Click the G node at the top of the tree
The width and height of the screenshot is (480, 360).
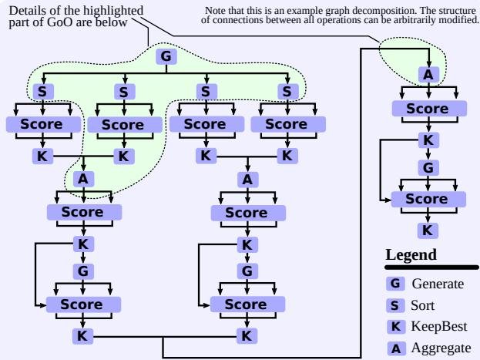click(x=163, y=56)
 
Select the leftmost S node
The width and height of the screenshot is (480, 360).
click(x=42, y=92)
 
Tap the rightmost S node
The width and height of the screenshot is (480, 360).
click(x=287, y=92)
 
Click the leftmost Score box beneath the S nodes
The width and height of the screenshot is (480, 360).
click(x=42, y=124)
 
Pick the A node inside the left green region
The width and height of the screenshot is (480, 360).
click(x=83, y=179)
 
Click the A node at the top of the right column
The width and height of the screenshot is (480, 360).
click(x=428, y=75)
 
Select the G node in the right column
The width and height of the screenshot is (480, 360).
click(x=428, y=167)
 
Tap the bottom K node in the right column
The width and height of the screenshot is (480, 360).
click(x=428, y=230)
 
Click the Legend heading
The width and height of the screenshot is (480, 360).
click(x=411, y=255)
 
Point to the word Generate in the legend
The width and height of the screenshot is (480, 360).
click(x=438, y=284)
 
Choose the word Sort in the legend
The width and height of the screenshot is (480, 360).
click(x=423, y=305)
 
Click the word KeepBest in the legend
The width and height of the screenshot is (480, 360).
click(x=439, y=327)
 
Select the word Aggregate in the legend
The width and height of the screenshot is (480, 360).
click(x=440, y=348)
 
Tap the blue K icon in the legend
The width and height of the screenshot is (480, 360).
click(x=396, y=327)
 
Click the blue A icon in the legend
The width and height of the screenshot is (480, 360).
click(x=396, y=348)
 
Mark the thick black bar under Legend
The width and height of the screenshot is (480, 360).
click(x=431, y=267)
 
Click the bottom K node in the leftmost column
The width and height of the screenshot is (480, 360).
click(x=83, y=335)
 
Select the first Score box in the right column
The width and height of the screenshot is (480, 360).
click(x=427, y=109)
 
